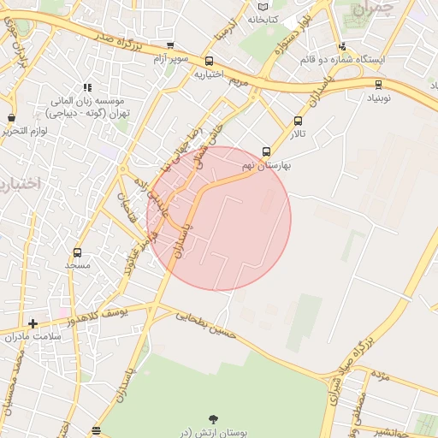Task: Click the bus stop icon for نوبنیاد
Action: click(378, 84)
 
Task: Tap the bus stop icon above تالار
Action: click(298, 121)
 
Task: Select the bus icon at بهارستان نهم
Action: click(267, 151)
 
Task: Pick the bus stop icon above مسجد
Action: click(78, 252)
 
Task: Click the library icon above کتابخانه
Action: click(262, 6)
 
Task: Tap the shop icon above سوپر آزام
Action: click(170, 46)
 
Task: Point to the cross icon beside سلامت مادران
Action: click(33, 323)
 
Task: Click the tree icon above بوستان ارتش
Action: click(212, 419)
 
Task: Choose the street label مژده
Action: click(381, 376)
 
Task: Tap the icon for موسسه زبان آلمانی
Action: click(86, 87)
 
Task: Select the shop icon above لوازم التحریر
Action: click(11, 118)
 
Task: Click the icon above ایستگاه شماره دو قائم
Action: click(342, 47)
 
